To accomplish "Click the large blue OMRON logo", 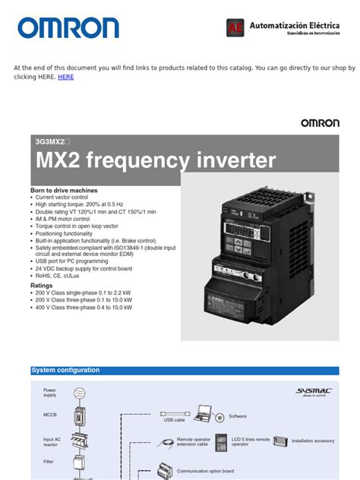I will point(68,28).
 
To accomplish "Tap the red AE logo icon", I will point(235,28).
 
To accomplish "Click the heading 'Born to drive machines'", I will point(64,190).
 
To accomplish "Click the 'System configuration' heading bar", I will point(65,371).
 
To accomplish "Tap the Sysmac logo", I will point(313,392).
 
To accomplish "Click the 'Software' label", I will point(238,416).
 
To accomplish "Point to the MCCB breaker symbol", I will point(81,416).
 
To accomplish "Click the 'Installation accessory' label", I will point(313,441).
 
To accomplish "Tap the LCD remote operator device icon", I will point(221,441).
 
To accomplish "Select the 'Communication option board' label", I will point(205,471).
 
